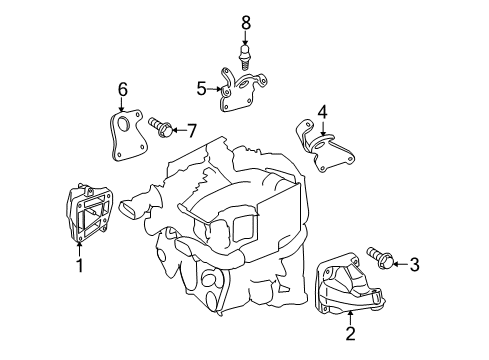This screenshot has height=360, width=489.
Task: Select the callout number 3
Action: click(x=415, y=265)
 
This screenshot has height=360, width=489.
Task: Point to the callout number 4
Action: click(x=322, y=111)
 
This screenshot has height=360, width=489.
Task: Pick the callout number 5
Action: click(x=201, y=89)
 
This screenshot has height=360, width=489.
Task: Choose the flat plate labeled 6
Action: click(x=125, y=138)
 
